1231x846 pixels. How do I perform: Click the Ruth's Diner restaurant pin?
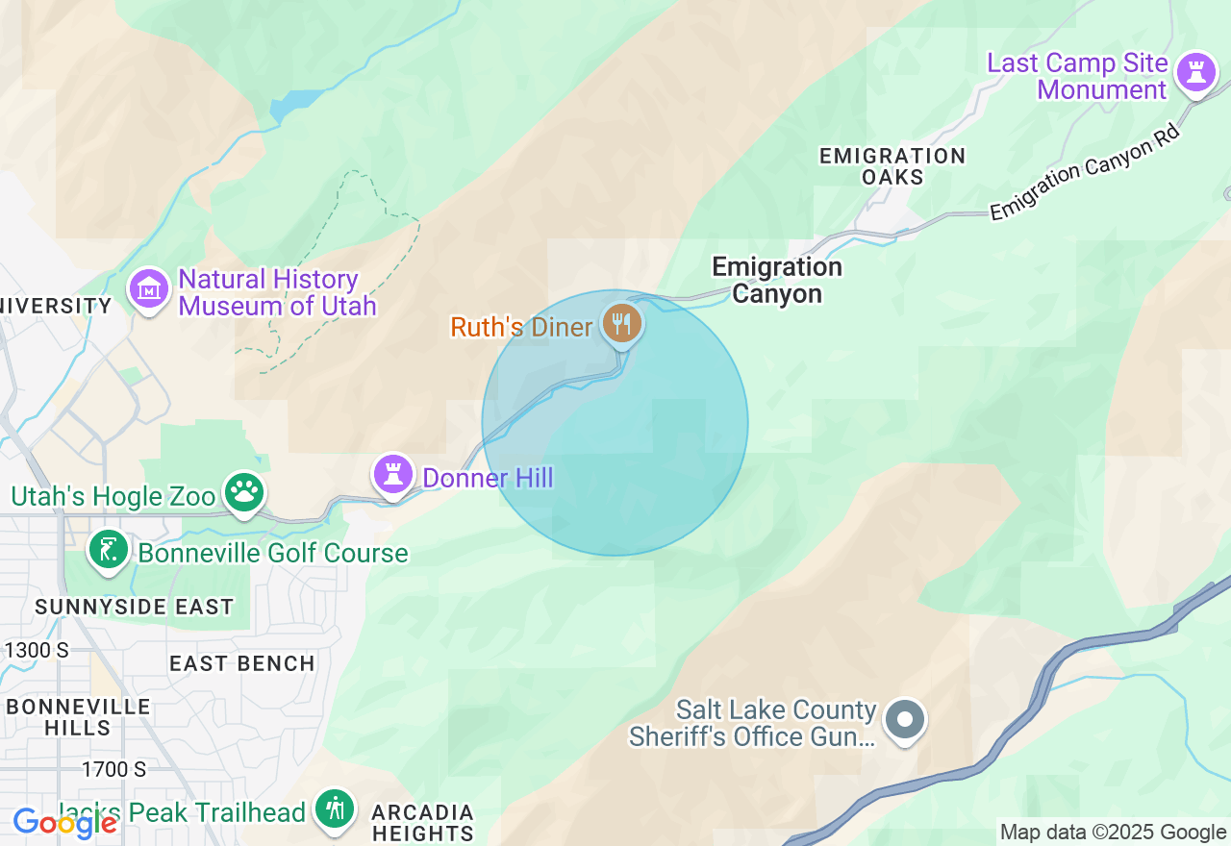tap(622, 322)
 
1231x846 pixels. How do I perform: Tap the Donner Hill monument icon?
tap(393, 475)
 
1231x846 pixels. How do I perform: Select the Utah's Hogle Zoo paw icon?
tap(244, 492)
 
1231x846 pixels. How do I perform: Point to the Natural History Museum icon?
tap(149, 287)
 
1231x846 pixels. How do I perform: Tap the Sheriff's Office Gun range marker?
tap(904, 719)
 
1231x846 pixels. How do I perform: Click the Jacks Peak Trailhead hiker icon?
tap(334, 809)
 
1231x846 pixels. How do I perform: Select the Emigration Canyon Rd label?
tap(1084, 172)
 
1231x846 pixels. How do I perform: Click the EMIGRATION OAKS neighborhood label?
tap(892, 166)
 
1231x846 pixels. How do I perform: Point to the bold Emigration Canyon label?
tap(777, 280)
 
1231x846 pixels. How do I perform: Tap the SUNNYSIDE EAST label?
tap(135, 607)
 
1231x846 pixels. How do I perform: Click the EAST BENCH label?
tap(242, 663)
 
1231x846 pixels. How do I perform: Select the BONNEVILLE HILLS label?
tap(79, 717)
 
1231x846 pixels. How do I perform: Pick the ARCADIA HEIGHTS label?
tap(423, 823)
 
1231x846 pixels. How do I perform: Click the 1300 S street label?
tap(37, 650)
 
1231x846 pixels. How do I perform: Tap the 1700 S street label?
tap(113, 769)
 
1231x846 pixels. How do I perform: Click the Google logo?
tap(64, 822)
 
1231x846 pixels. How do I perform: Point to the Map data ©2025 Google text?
tap(1113, 833)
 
